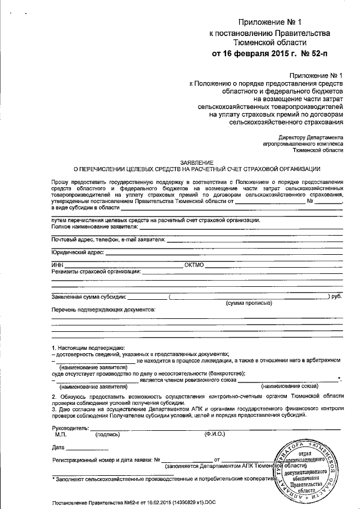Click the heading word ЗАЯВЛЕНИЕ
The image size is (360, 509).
coord(197,161)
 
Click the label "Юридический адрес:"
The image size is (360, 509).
coord(78,253)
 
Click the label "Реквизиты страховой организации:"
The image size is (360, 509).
coord(96,271)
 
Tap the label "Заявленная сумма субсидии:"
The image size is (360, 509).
coord(89,296)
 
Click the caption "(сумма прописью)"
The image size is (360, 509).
coord(249,303)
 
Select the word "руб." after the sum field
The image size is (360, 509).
coord(336,296)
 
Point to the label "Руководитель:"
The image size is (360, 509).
coord(70,428)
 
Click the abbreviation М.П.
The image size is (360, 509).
coord(61,435)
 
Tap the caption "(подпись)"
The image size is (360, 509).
coord(107,435)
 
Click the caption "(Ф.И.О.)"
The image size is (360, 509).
coord(216,435)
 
